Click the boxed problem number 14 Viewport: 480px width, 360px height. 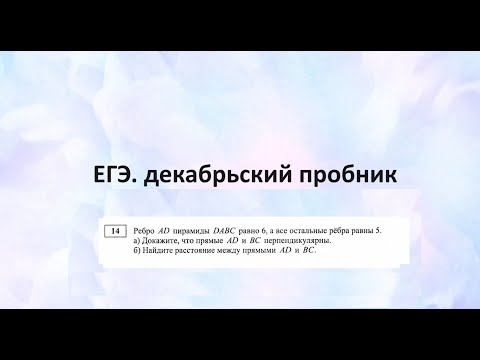pos(115,231)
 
